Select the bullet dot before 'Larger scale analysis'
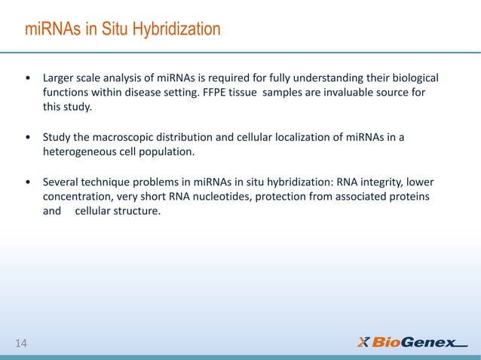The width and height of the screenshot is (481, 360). point(29,79)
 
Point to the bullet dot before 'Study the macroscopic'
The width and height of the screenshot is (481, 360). point(29,138)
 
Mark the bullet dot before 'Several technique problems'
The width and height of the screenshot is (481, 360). point(29,182)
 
